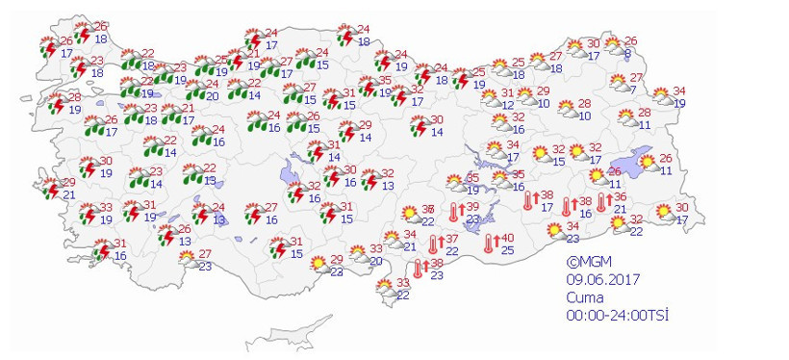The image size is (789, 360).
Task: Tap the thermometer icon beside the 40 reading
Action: [489, 244]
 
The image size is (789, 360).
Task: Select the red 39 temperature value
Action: [472, 208]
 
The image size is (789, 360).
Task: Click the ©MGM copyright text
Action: [589, 261]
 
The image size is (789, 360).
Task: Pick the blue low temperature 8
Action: [626, 55]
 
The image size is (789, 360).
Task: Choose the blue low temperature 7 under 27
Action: [631, 90]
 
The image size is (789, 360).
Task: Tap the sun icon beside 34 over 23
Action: [554, 231]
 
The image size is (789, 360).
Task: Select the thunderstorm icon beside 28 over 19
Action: [54, 104]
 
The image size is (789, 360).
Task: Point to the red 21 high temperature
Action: [190, 108]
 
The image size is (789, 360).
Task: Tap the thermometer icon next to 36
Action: [601, 202]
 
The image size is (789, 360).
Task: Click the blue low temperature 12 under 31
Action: [507, 105]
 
